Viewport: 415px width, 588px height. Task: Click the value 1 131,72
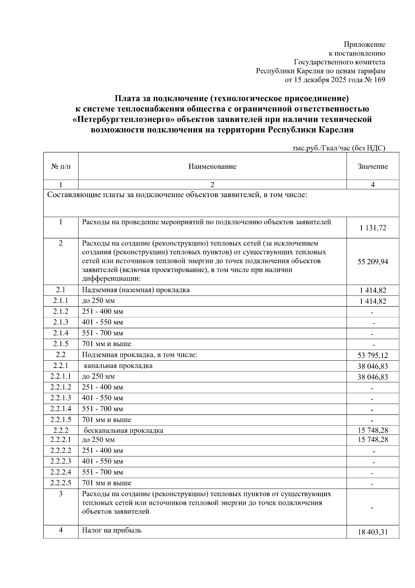pyautogui.click(x=372, y=228)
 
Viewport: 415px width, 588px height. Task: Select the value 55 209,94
pyautogui.click(x=372, y=262)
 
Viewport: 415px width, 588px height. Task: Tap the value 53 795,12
pyautogui.click(x=372, y=355)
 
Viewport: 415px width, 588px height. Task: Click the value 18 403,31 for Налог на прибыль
pyautogui.click(x=372, y=532)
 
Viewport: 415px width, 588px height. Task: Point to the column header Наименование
pyautogui.click(x=212, y=166)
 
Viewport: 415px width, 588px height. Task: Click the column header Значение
pyautogui.click(x=372, y=166)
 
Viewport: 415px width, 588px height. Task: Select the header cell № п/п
pyautogui.click(x=61, y=166)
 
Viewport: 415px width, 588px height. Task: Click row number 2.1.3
pyautogui.click(x=61, y=322)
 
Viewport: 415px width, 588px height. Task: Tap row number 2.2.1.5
pyautogui.click(x=61, y=420)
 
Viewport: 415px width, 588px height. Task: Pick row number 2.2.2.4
pyautogui.click(x=61, y=472)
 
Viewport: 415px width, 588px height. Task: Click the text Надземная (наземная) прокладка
pyautogui.click(x=136, y=290)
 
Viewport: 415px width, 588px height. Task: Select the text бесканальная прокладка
pyautogui.click(x=123, y=431)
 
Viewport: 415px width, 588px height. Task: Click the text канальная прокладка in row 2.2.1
pyautogui.click(x=118, y=366)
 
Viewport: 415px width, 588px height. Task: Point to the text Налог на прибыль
pyautogui.click(x=111, y=530)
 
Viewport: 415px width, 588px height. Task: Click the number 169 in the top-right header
pyautogui.click(x=379, y=80)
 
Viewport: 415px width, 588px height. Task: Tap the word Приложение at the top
pyautogui.click(x=364, y=44)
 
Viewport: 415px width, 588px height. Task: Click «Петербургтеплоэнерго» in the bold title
pyautogui.click(x=123, y=120)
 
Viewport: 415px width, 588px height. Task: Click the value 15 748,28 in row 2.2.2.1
pyautogui.click(x=372, y=440)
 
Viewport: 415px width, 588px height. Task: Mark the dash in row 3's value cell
pyautogui.click(x=372, y=508)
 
